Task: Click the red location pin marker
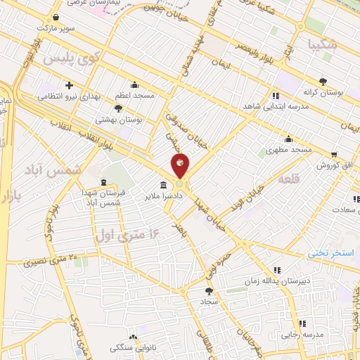(x=180, y=167)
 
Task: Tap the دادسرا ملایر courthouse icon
(x=163, y=186)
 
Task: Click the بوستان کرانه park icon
(x=323, y=81)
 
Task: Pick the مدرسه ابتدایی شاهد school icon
(x=276, y=96)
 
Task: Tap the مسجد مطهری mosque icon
(x=288, y=139)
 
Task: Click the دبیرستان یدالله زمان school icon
(x=276, y=270)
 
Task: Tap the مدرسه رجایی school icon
(x=302, y=323)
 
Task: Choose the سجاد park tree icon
(x=208, y=290)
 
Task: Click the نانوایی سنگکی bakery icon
(x=133, y=337)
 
